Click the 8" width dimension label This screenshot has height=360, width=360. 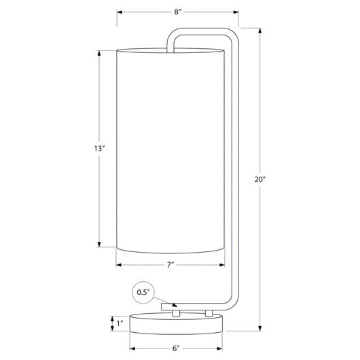point(178,12)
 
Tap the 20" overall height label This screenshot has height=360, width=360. point(259,179)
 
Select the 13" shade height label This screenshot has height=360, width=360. point(99,149)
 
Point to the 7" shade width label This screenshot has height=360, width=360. point(170,265)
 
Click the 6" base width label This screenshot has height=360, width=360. point(176,348)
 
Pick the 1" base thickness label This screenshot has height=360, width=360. point(120,323)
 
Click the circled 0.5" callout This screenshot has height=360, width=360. point(143,293)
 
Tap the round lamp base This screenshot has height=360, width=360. point(176,324)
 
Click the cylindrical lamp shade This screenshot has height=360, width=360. point(170,151)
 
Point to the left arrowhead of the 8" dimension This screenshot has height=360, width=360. point(120,12)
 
